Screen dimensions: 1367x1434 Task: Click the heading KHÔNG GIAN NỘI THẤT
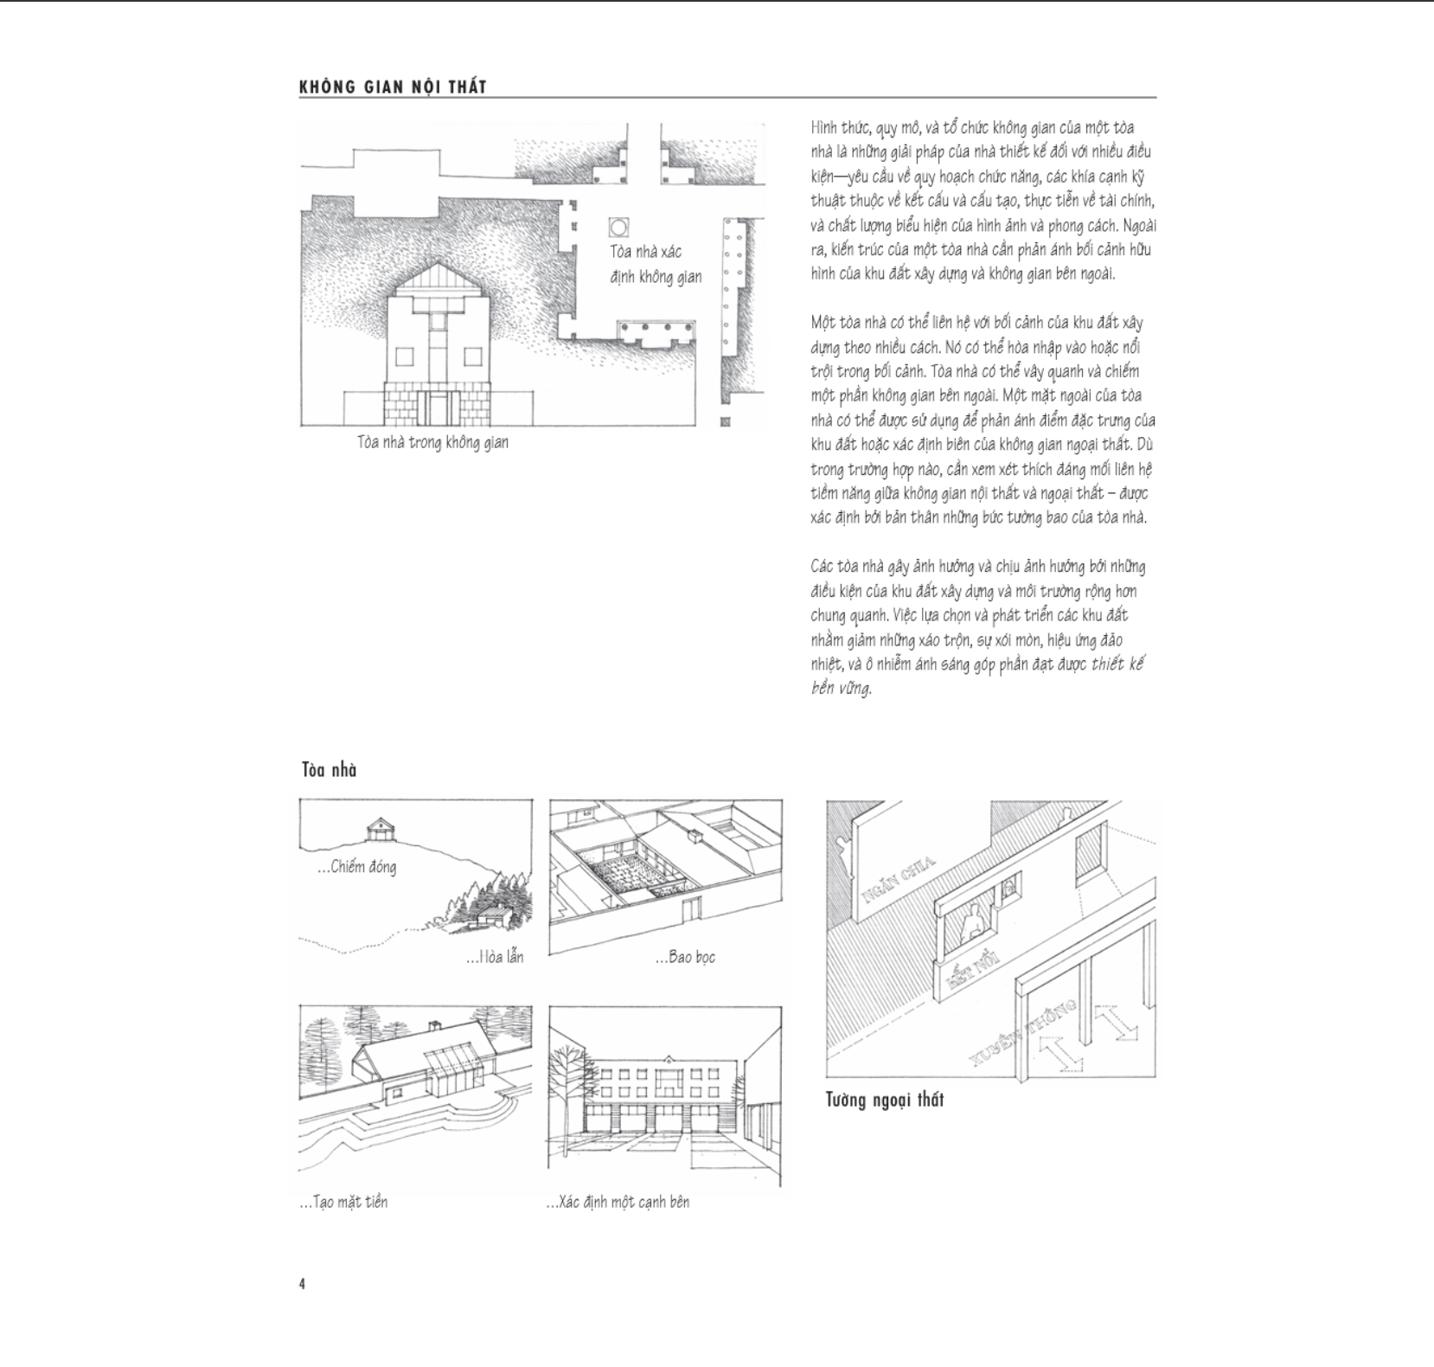pos(393,87)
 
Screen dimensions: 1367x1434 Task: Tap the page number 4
pos(302,1284)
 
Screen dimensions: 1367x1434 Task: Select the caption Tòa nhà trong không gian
pos(432,442)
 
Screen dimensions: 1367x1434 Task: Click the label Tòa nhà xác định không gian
pos(655,264)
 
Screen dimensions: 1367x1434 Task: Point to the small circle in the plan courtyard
pos(618,228)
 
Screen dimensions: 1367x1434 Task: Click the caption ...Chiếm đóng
pos(358,867)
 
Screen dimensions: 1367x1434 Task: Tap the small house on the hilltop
pos(379,829)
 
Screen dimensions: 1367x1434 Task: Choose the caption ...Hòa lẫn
pos(495,957)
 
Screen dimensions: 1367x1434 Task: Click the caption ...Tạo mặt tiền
pos(343,1202)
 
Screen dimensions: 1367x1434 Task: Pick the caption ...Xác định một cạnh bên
pos(618,1202)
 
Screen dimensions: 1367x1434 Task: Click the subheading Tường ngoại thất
pos(884,1100)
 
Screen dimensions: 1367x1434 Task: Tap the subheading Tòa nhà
pos(329,770)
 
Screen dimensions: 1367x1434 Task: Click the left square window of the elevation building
pos(403,356)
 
